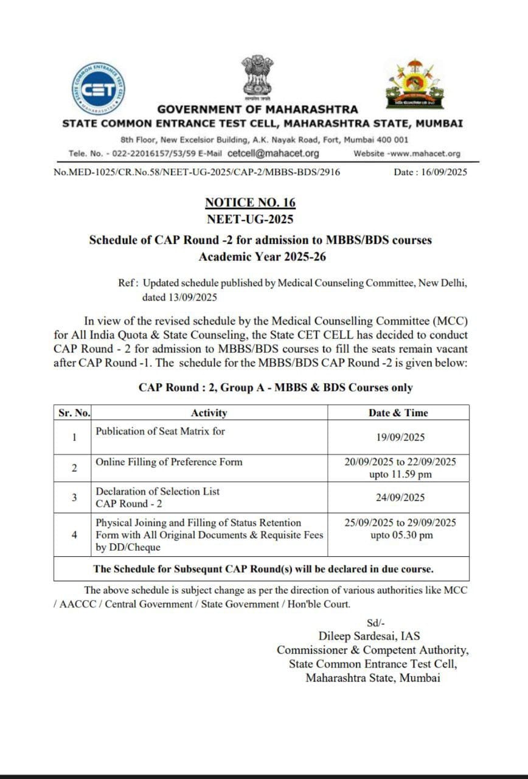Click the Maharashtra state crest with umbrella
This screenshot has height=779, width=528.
pyautogui.click(x=415, y=83)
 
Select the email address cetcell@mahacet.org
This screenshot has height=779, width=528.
pyautogui.click(x=273, y=153)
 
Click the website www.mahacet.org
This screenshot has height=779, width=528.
pyautogui.click(x=423, y=154)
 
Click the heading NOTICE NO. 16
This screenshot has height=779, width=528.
pyautogui.click(x=250, y=203)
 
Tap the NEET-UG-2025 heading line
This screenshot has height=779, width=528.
pyautogui.click(x=250, y=219)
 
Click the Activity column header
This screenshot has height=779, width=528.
pyautogui.click(x=209, y=413)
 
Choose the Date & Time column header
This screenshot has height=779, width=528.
pyautogui.click(x=398, y=413)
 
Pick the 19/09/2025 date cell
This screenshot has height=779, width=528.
pyautogui.click(x=400, y=437)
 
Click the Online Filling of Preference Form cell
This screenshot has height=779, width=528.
pyautogui.click(x=169, y=462)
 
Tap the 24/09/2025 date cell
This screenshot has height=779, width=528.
pyautogui.click(x=400, y=497)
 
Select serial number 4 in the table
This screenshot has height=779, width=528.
pyautogui.click(x=74, y=535)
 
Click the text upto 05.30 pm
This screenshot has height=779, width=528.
pyautogui.click(x=401, y=536)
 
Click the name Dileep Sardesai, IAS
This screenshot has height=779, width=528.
pyautogui.click(x=369, y=637)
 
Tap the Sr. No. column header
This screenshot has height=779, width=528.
pyautogui.click(x=74, y=413)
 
